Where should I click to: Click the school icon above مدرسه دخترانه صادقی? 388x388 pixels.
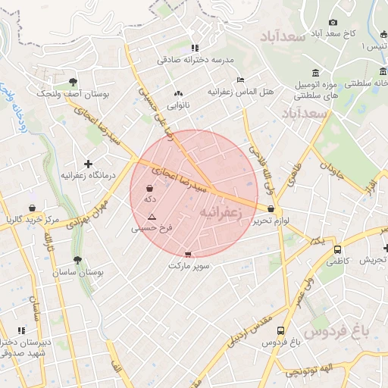[195, 47]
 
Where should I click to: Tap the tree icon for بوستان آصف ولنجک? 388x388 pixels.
[73, 82]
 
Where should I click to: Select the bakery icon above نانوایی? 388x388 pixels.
[179, 92]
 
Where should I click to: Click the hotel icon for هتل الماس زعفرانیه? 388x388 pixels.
[241, 80]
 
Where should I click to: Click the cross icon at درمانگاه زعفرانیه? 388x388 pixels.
[89, 164]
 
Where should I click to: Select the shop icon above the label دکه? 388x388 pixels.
[150, 187]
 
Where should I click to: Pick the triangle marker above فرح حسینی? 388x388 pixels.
[152, 216]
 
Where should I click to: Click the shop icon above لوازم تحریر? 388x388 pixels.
[271, 209]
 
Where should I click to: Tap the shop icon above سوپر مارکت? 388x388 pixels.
[188, 254]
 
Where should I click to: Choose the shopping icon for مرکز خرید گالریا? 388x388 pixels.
[32, 208]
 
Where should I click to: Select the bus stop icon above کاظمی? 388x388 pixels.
[337, 249]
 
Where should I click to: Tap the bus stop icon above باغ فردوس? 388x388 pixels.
[281, 331]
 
